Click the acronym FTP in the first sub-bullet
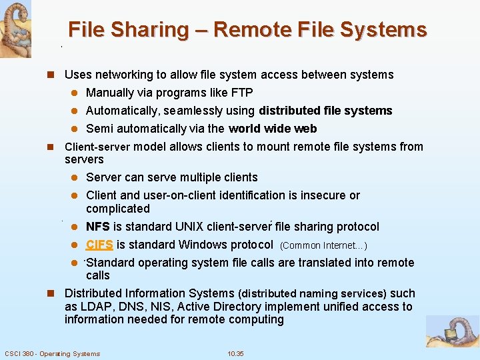tap(241, 93)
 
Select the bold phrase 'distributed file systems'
tap(325, 111)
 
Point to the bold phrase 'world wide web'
tap(273, 129)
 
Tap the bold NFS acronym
tap(98, 227)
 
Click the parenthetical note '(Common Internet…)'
tap(323, 245)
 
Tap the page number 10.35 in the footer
tap(235, 353)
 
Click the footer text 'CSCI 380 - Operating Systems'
tap(52, 353)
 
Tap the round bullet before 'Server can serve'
tap(75, 177)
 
